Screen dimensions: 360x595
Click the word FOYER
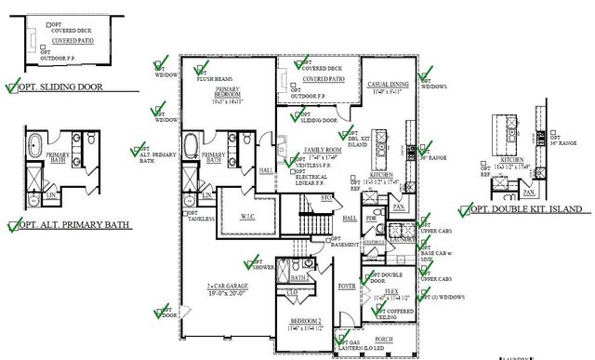tap(347, 287)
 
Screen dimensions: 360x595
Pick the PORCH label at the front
tap(382, 340)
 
